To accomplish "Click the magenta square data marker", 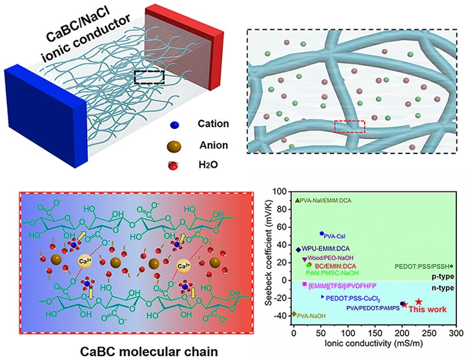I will click(x=304, y=285).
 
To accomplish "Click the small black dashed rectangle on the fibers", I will click(x=149, y=77).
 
